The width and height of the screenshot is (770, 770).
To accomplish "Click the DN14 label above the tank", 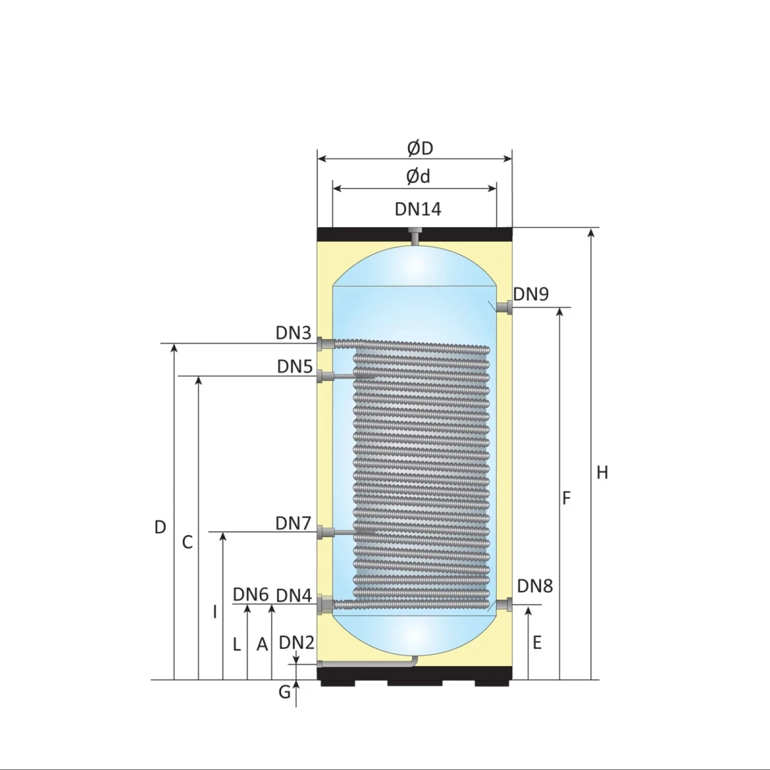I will pos(418,209).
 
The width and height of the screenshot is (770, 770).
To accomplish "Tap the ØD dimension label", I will pos(420,148).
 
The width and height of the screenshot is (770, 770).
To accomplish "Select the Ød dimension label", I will pos(418,176).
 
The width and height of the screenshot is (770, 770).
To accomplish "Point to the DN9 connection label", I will pos(531,295).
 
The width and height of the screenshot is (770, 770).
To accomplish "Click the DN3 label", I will pos(293,333).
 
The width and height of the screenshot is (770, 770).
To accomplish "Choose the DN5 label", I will pos(295,366).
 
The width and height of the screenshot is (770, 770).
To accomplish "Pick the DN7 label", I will pos(293,523).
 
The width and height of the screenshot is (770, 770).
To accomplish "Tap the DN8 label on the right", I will pos(535,586).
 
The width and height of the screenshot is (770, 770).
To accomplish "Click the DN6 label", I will pos(250,594).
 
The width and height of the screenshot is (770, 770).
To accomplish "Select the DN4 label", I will pos(294,596).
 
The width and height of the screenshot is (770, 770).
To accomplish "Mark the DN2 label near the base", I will pos(296,643).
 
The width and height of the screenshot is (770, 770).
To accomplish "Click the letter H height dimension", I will pos(602,473).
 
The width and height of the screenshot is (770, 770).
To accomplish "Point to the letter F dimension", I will pos(567,498).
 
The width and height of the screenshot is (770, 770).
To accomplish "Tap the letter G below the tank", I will pos(284,692).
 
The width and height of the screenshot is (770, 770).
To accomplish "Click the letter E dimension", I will pos(537,642).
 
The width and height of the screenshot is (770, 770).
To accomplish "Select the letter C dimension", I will pos(187,543).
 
